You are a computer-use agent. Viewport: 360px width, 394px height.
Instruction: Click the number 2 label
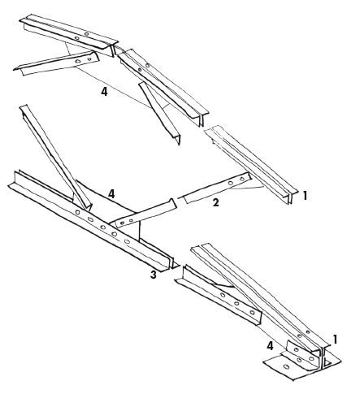point(215,202)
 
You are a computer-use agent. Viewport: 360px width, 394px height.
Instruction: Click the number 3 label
point(154,275)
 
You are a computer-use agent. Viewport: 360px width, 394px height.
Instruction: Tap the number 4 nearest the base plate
point(270,346)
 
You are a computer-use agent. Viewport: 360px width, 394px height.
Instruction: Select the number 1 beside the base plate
point(336,340)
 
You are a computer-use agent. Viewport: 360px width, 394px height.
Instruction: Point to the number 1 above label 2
point(305,195)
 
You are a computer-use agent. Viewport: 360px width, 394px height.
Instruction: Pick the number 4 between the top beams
point(104,92)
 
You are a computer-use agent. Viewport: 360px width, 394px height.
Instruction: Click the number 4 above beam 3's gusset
point(111,194)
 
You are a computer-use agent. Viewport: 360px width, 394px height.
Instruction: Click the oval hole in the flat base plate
point(286,366)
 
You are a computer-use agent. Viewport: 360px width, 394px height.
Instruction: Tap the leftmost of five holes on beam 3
point(78,212)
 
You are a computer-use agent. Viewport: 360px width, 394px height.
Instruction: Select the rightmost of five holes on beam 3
point(127,241)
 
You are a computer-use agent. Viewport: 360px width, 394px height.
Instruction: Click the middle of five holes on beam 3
point(102,227)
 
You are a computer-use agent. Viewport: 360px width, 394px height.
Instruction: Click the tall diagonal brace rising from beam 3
point(55,157)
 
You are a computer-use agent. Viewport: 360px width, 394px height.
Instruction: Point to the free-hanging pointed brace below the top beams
point(160,113)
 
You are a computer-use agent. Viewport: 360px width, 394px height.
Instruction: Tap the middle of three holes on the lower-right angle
point(236,304)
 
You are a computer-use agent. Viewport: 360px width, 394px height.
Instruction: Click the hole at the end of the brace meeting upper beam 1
point(242,179)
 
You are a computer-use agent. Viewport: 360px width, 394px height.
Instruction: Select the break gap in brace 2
point(179,199)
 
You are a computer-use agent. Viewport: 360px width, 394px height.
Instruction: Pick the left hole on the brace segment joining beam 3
point(123,223)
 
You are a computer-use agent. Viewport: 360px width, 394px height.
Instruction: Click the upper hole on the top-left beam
point(86,34)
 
